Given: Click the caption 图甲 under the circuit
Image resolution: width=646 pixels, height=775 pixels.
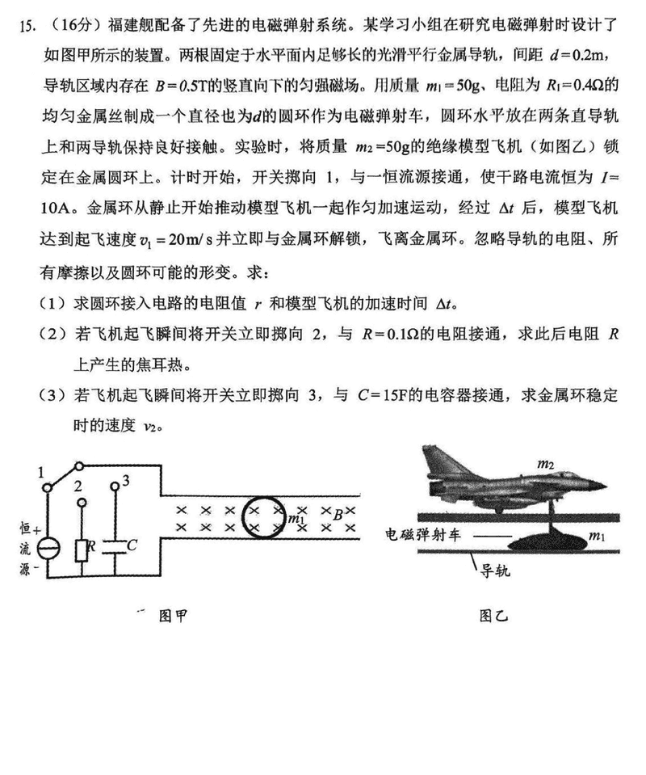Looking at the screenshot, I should coord(173,616).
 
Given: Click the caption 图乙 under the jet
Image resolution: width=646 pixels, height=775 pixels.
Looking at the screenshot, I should coord(493,616).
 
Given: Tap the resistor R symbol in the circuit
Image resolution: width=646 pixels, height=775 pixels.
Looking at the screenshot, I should coord(82,550).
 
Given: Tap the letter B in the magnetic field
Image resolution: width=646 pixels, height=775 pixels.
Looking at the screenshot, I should coord(338,511).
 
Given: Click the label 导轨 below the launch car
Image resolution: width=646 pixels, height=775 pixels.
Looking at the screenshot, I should coord(495,571).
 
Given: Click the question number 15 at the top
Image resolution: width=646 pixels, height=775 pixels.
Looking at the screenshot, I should coord(27,26).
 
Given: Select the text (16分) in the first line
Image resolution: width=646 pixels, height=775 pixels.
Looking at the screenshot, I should coord(66,26).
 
